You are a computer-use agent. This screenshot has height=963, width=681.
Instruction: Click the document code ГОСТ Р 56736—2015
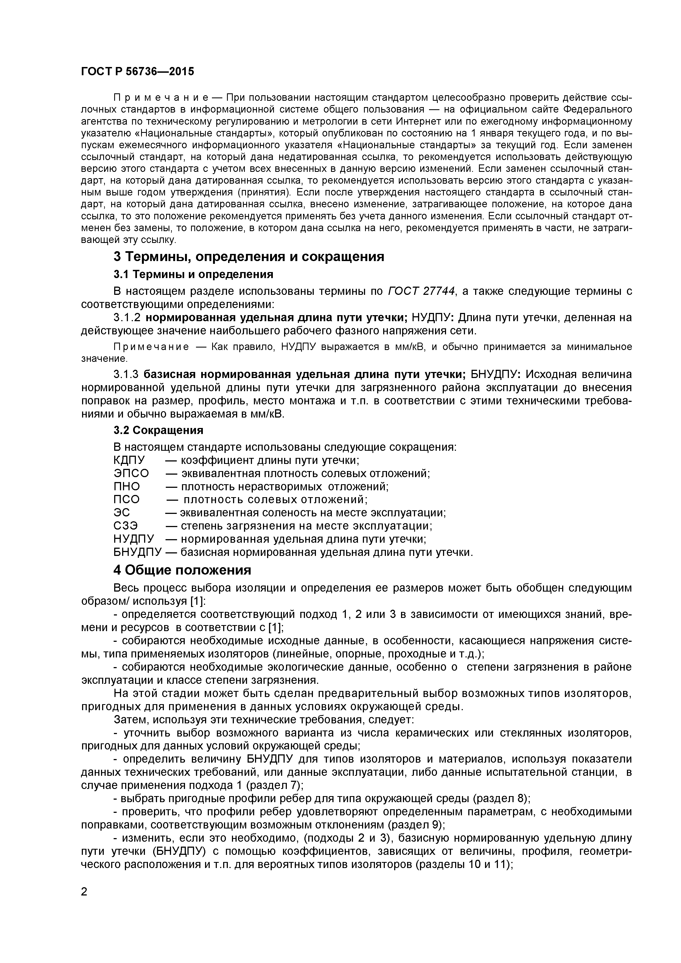pyautogui.click(x=138, y=72)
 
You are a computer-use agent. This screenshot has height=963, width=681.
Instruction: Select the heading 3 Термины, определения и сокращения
pyautogui.click(x=249, y=256)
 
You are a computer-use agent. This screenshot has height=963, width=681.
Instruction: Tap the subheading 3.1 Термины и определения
pyautogui.click(x=193, y=274)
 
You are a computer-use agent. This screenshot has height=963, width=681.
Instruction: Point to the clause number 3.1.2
pyautogui.click(x=127, y=318)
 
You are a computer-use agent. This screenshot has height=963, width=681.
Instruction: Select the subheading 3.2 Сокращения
pyautogui.click(x=158, y=430)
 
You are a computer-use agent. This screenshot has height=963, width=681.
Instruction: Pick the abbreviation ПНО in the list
pyautogui.click(x=126, y=486)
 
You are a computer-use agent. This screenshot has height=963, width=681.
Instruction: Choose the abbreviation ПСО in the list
pyautogui.click(x=126, y=500)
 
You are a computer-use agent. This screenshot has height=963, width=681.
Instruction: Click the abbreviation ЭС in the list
pyautogui.click(x=122, y=513)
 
